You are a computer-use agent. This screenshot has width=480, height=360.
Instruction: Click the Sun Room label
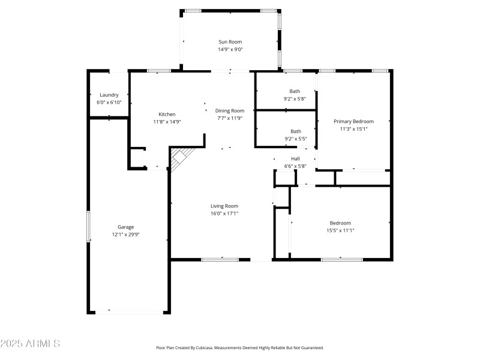point(230,42)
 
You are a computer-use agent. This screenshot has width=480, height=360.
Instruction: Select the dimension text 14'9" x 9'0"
point(230,50)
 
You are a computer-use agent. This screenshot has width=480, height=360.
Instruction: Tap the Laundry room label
point(109,95)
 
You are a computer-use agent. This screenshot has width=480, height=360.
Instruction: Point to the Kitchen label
point(167,114)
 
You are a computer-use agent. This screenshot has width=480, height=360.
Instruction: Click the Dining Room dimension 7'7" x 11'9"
point(230,118)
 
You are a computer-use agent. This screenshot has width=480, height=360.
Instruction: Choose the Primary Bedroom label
point(353,121)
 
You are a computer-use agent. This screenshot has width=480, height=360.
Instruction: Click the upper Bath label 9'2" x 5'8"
point(295,95)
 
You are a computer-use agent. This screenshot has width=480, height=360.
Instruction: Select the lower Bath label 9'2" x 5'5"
point(295,135)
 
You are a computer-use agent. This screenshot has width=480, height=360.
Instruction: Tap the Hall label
point(295,158)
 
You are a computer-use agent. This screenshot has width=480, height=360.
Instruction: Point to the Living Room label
point(224,206)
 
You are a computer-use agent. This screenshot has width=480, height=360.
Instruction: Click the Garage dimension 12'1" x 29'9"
point(125,235)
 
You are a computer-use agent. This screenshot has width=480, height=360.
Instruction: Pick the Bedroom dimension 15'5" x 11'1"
point(340,230)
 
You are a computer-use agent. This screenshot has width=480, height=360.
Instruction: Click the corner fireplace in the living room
point(179,159)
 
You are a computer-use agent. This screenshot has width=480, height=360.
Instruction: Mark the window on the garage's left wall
point(89,226)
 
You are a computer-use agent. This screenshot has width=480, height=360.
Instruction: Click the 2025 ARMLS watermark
point(30,344)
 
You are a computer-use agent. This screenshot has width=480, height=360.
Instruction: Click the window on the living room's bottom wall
point(219,259)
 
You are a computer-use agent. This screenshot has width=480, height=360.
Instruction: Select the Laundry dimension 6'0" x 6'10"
point(109,103)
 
